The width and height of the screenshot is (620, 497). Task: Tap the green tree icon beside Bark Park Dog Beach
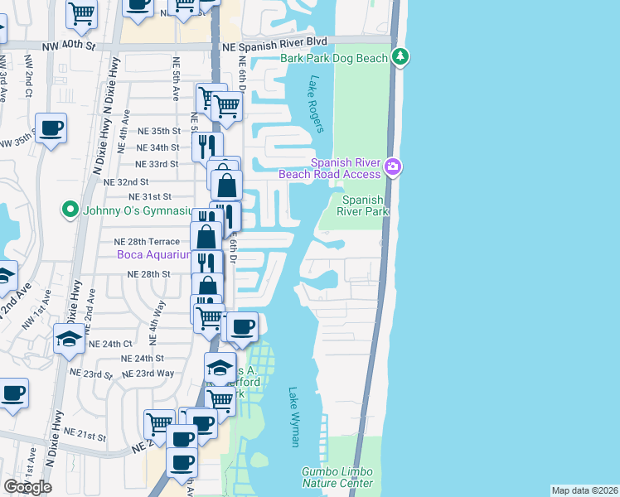pyautogui.click(x=401, y=56)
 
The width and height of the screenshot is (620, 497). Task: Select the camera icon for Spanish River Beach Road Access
pyautogui.click(x=393, y=167)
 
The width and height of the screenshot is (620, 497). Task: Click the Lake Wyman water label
pyautogui.click(x=294, y=417)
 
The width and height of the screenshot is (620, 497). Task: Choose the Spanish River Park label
pyautogui.click(x=363, y=205)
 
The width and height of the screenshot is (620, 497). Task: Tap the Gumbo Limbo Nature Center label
pyautogui.click(x=337, y=477)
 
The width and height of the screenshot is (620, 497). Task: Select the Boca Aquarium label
pyautogui.click(x=153, y=254)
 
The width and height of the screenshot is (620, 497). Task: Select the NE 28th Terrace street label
pyautogui.click(x=147, y=241)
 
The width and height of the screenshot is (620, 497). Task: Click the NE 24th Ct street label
pyautogui.click(x=111, y=343)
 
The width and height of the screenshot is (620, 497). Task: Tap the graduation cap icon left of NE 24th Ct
pyautogui.click(x=68, y=338)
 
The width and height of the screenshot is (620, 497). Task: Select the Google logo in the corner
pyautogui.click(x=27, y=487)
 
